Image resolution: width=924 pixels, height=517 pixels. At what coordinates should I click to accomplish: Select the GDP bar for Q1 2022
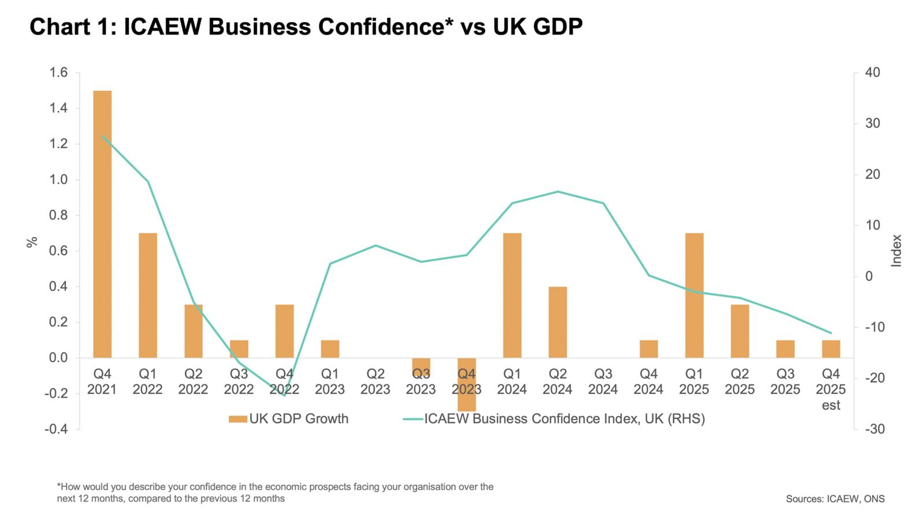pyautogui.click(x=148, y=295)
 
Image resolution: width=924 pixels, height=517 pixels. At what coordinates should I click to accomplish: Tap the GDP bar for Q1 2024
pyautogui.click(x=512, y=295)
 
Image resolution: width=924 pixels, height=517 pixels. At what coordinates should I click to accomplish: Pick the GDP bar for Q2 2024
pyautogui.click(x=557, y=322)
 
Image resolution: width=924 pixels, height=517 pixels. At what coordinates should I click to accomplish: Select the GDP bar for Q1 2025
pyautogui.click(x=694, y=295)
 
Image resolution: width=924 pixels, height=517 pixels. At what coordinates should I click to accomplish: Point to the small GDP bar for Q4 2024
pyautogui.click(x=649, y=349)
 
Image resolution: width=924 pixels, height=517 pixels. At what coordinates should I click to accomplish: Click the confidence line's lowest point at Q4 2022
pyautogui.click(x=284, y=395)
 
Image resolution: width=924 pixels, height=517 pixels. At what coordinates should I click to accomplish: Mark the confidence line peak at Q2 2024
pyautogui.click(x=558, y=192)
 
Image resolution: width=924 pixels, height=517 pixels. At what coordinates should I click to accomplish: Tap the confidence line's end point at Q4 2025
pyautogui.click(x=830, y=333)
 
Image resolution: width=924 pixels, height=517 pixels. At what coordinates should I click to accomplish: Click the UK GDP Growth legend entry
pyautogui.click(x=289, y=419)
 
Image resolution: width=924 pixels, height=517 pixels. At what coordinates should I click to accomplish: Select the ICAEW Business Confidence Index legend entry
pyautogui.click(x=554, y=419)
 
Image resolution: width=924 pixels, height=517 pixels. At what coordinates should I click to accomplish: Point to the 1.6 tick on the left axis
pyautogui.click(x=58, y=73)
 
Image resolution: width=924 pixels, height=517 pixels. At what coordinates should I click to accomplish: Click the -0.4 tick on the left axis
pyautogui.click(x=56, y=429)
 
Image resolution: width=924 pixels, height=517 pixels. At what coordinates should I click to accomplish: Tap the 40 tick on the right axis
pyautogui.click(x=872, y=73)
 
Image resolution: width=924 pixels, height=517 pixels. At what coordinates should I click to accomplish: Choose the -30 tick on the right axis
pyautogui.click(x=874, y=429)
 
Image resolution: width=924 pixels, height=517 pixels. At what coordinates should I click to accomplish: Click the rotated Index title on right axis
pyautogui.click(x=896, y=250)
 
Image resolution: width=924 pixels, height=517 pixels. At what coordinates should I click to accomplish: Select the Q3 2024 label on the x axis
pyautogui.click(x=603, y=381)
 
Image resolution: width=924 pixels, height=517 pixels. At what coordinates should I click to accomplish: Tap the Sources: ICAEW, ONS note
pyautogui.click(x=834, y=499)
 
